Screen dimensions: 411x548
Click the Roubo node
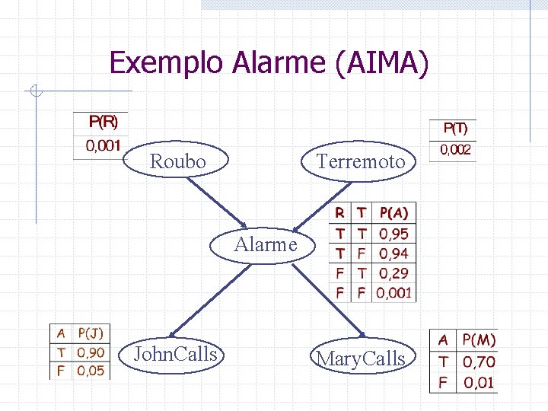click(177, 161)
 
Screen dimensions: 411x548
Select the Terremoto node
click(360, 161)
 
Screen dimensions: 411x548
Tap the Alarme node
click(266, 244)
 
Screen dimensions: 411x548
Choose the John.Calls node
click(175, 354)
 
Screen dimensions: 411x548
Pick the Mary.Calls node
click(361, 358)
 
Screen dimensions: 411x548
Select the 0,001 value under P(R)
click(102, 145)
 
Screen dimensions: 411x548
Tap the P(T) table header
click(455, 129)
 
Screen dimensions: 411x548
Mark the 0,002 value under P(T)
click(455, 151)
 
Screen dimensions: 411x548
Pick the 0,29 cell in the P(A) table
click(393, 273)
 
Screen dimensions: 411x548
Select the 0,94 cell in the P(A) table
click(393, 254)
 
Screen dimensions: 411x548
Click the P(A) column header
click(393, 213)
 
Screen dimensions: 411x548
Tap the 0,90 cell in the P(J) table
click(91, 352)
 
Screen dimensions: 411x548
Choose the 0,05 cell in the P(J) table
click(91, 371)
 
